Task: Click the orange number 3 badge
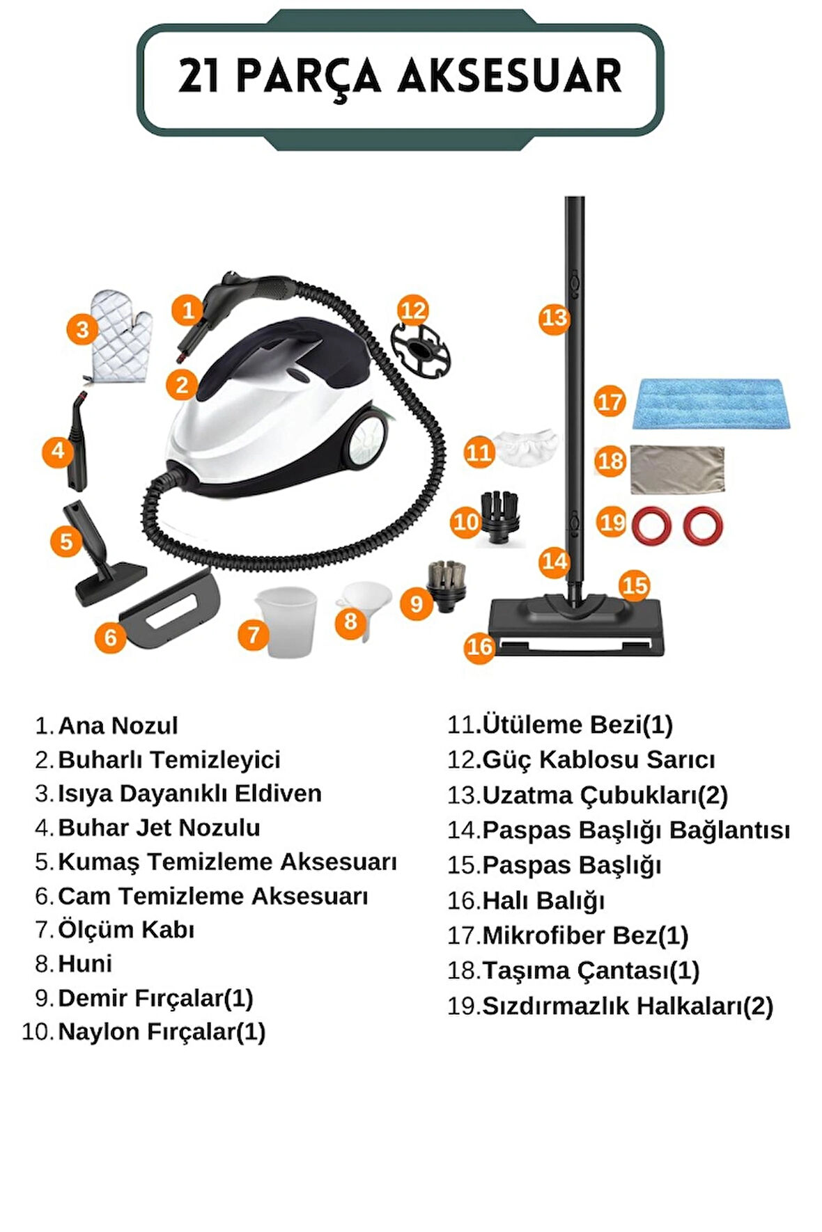pos(82,329)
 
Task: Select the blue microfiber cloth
pos(711,404)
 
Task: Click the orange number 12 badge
pos(413,310)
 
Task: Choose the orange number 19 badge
pos(612,523)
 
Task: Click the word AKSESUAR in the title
pos(509,77)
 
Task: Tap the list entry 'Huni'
pos(85,964)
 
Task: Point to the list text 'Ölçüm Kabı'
pos(126,930)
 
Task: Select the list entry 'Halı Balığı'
pos(543,901)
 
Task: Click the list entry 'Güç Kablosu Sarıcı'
pos(598,759)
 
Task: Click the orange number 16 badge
pos(479,647)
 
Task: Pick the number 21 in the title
pos(201,77)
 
